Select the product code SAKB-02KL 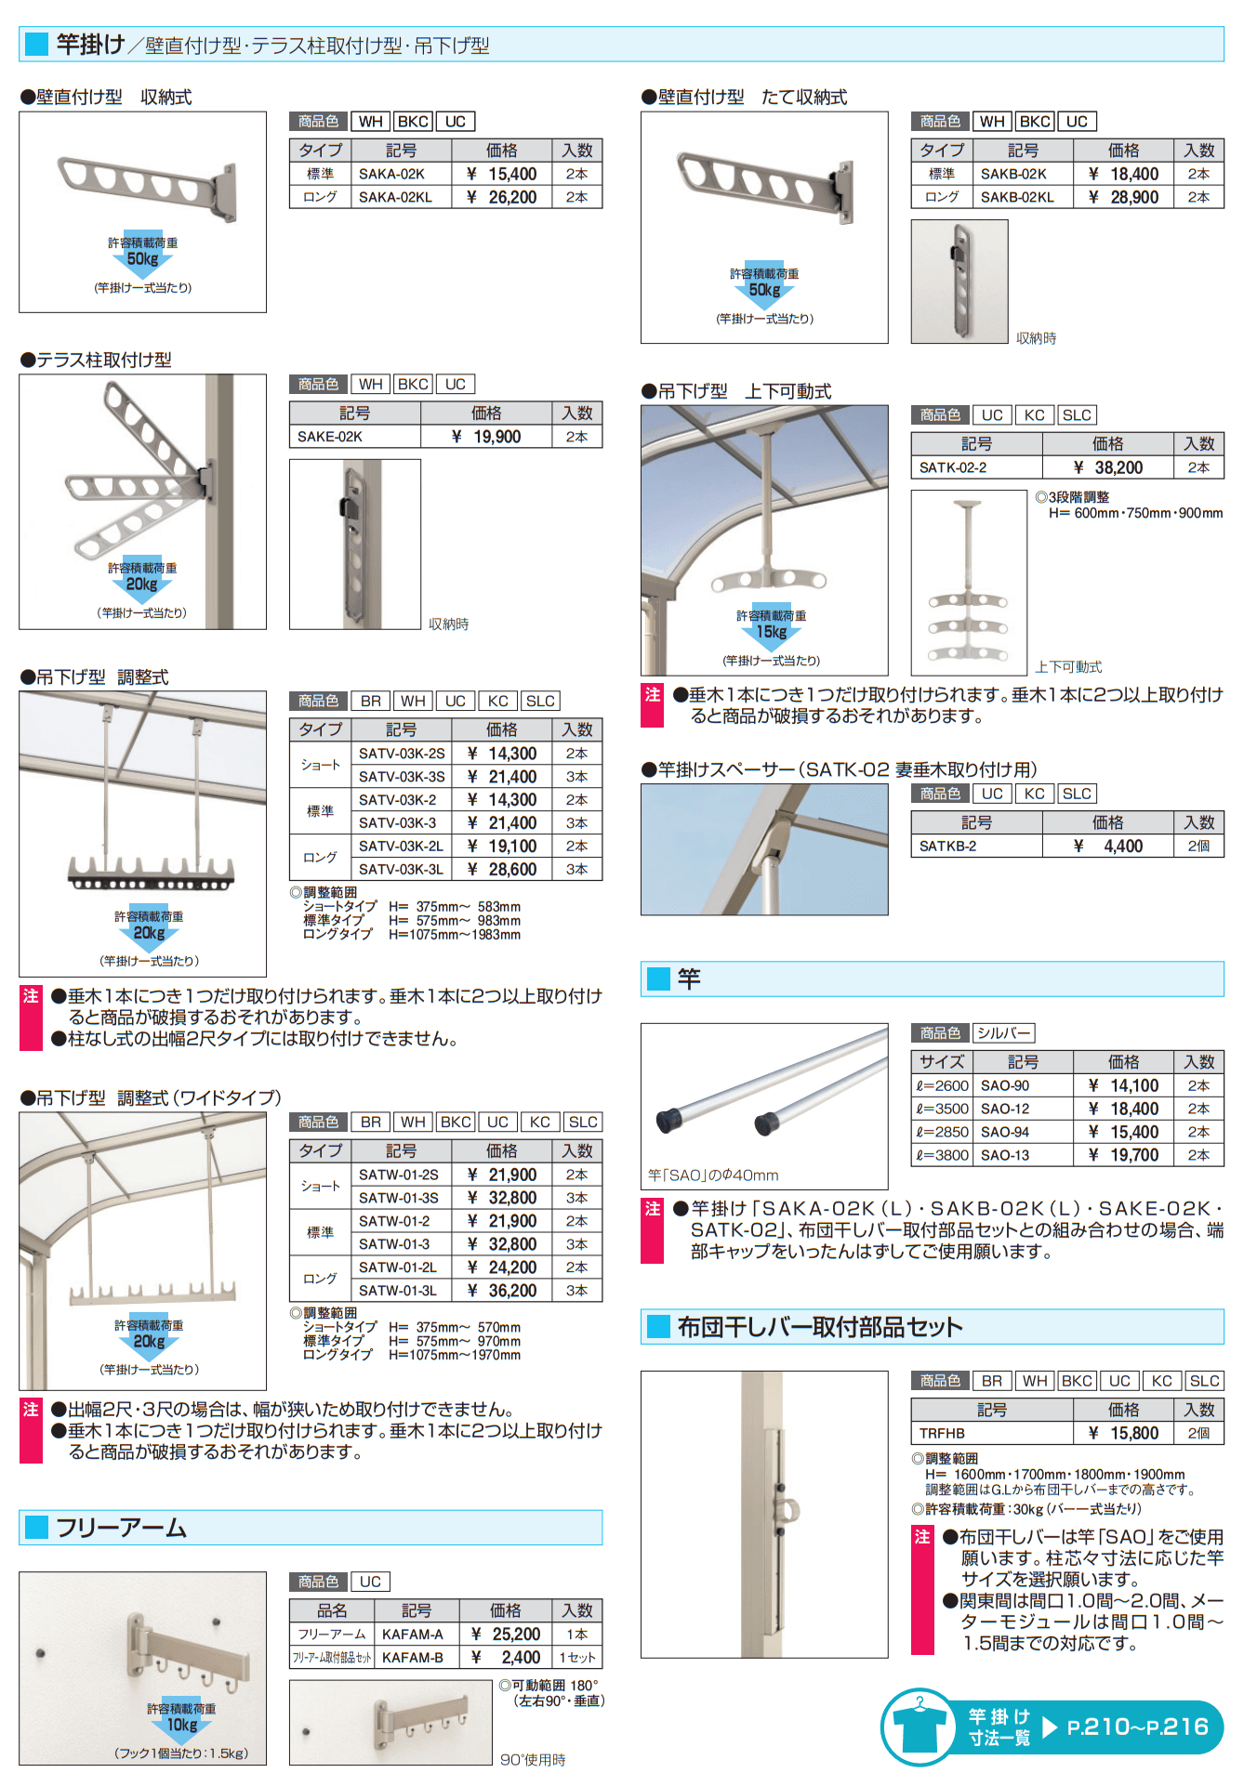pyautogui.click(x=1017, y=197)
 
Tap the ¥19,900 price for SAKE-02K pyautogui.click(x=486, y=437)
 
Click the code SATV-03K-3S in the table pyautogui.click(x=402, y=777)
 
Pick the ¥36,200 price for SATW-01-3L pyautogui.click(x=502, y=1291)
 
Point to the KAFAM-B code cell pyautogui.click(x=413, y=1658)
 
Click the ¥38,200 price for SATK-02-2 pyautogui.click(x=1108, y=468)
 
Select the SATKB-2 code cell pyautogui.click(x=948, y=847)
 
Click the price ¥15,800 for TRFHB pyautogui.click(x=1124, y=1434)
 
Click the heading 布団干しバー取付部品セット pyautogui.click(x=819, y=1327)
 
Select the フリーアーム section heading pyautogui.click(x=122, y=1529)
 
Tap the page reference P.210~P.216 pyautogui.click(x=1137, y=1727)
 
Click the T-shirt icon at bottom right pyautogui.click(x=919, y=1727)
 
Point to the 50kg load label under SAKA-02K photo pyautogui.click(x=142, y=259)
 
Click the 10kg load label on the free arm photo pyautogui.click(x=182, y=1725)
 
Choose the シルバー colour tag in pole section pyautogui.click(x=1003, y=1033)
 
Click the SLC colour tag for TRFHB pyautogui.click(x=1204, y=1381)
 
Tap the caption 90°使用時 pyautogui.click(x=533, y=1760)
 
